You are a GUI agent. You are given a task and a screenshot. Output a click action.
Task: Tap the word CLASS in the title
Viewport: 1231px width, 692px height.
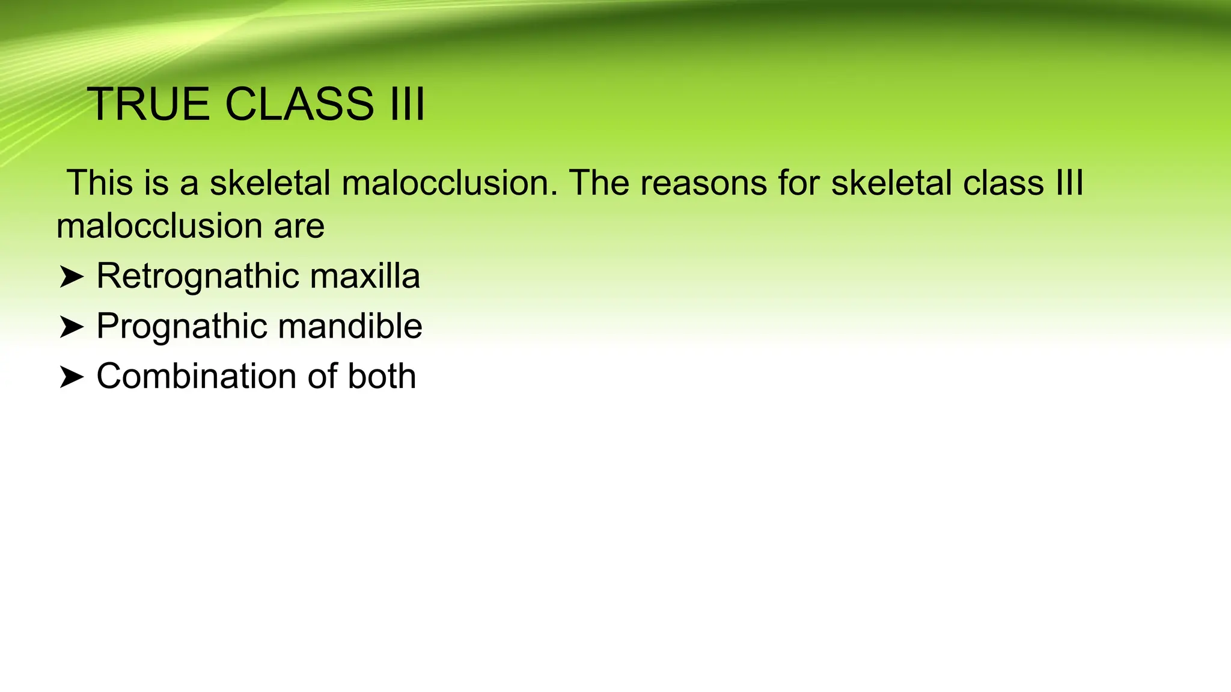click(x=299, y=105)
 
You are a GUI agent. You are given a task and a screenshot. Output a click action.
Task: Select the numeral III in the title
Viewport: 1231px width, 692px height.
click(x=407, y=105)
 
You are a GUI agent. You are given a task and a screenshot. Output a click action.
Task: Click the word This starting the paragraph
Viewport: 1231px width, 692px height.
click(x=100, y=183)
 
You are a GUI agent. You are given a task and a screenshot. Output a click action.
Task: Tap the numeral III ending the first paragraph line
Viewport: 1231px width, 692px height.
click(x=1069, y=183)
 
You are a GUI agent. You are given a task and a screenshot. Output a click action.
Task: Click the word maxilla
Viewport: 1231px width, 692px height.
click(x=365, y=276)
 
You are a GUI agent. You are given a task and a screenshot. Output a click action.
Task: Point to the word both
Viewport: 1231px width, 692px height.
click(x=382, y=377)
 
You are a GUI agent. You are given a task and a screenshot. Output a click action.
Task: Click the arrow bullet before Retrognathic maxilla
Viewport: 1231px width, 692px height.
click(x=71, y=278)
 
